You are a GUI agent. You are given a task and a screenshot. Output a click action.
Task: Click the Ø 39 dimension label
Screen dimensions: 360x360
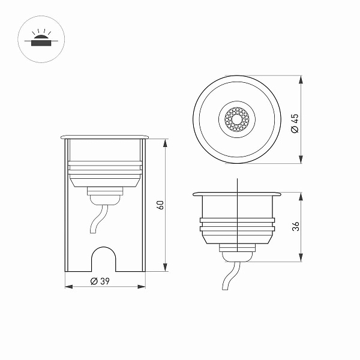click(100, 281)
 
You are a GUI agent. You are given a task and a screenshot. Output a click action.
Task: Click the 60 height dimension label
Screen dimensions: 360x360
click(160, 205)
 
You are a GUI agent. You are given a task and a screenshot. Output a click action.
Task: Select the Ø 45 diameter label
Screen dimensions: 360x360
click(295, 123)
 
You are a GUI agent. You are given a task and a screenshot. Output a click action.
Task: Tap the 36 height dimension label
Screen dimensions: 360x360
click(296, 226)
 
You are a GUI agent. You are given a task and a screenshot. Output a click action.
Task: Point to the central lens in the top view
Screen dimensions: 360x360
click(237, 119)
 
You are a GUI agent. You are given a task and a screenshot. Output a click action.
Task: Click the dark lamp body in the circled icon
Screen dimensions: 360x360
click(41, 43)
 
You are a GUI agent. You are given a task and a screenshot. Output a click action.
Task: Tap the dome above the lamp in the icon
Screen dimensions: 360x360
click(41, 37)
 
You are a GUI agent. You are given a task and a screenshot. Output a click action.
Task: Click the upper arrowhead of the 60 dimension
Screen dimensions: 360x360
click(165, 143)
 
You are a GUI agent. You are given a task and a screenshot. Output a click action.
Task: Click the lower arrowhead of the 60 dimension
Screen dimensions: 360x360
click(165, 268)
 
